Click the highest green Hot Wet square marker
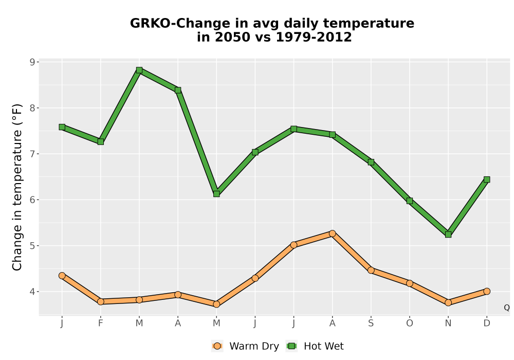[x=139, y=70]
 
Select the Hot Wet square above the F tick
[x=101, y=141]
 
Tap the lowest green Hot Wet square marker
[x=448, y=235]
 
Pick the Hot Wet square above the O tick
[x=410, y=201]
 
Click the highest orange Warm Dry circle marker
[x=333, y=233]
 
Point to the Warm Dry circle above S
[x=371, y=270]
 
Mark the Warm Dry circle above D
[x=487, y=291]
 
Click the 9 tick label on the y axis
[x=32, y=62]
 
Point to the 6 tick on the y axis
[x=32, y=200]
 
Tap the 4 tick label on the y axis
[x=32, y=292]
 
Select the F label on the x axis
[x=101, y=323]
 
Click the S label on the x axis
[x=371, y=323]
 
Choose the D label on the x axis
[x=487, y=323]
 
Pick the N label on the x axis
[x=448, y=323]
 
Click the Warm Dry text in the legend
[x=254, y=346]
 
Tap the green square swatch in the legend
[x=291, y=346]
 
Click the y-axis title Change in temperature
[x=17, y=187]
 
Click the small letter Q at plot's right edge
[x=507, y=308]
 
